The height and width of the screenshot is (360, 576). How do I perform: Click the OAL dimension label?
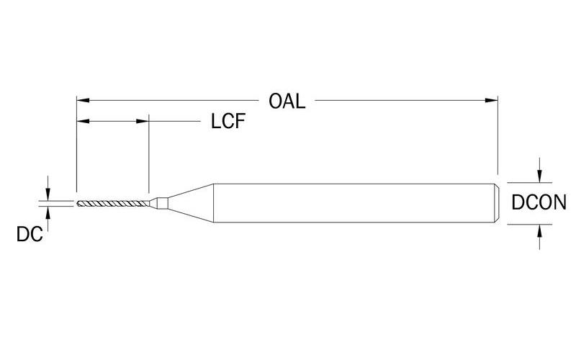[287, 99]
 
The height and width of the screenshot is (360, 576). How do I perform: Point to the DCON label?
[538, 203]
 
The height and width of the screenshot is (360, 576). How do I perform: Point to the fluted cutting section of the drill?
[112, 202]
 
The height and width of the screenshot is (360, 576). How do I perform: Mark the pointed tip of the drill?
[77, 202]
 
